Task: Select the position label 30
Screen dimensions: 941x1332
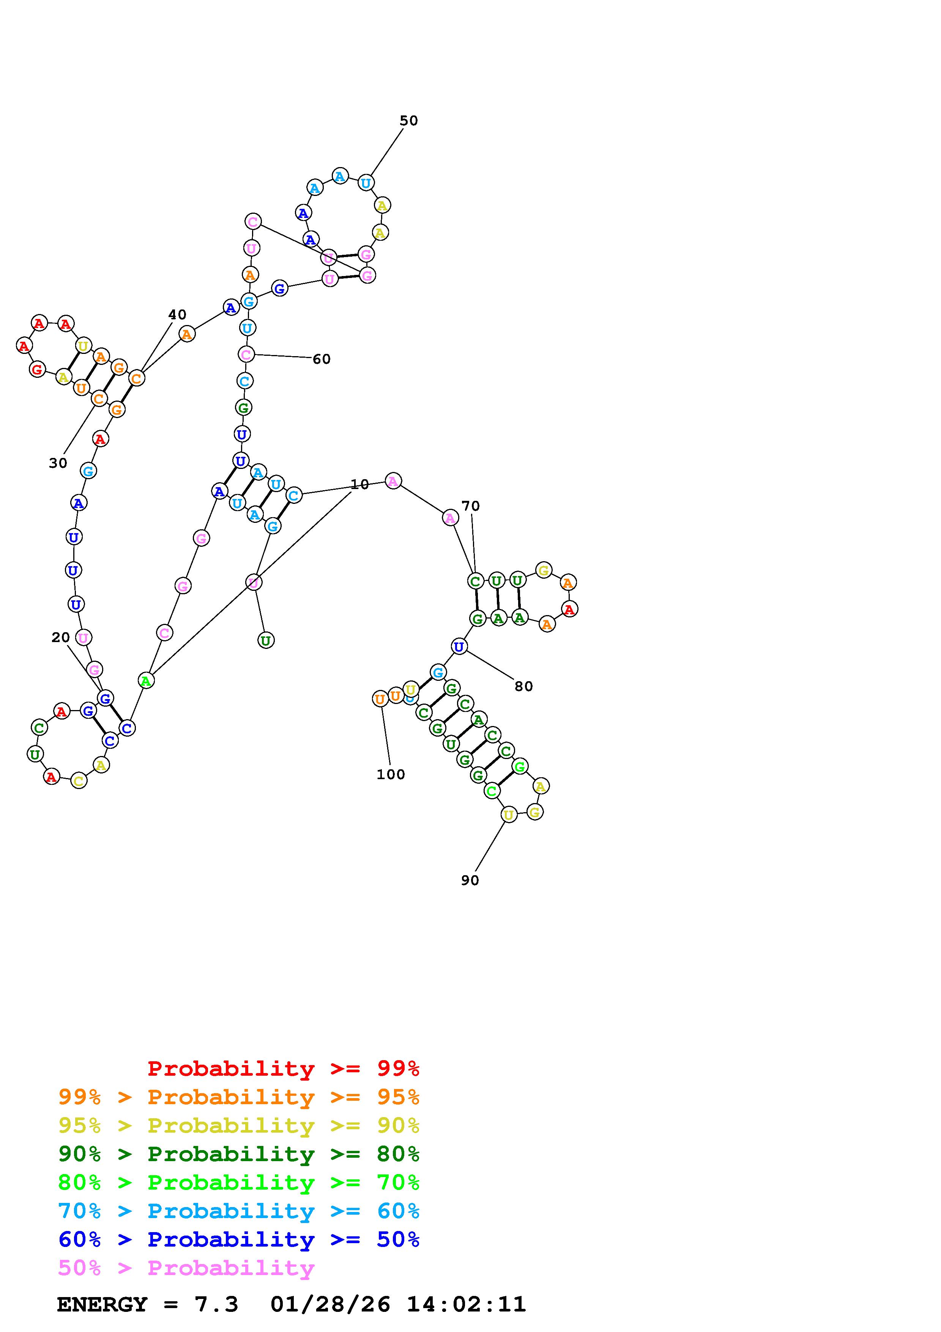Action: coord(58,463)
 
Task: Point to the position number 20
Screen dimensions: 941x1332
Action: coord(60,638)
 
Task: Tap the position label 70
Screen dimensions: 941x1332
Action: coord(470,506)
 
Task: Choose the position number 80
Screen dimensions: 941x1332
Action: coord(523,686)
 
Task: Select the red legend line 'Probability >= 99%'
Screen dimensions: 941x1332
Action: coord(284,1068)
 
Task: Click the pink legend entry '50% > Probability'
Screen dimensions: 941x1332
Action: coord(186,1267)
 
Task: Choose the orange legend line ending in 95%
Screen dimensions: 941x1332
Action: coord(239,1097)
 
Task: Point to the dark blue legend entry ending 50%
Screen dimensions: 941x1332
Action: coord(239,1239)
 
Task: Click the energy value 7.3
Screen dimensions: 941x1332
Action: coord(216,1304)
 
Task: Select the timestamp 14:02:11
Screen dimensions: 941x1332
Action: coord(466,1304)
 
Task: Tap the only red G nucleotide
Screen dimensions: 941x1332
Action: coord(38,369)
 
